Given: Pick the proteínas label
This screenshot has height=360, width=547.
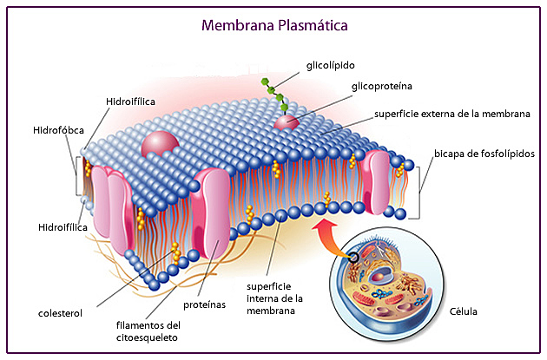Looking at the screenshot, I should (x=204, y=305).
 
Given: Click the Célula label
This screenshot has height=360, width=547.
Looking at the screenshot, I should (x=463, y=310).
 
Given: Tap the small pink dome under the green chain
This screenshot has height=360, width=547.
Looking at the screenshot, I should (x=287, y=122).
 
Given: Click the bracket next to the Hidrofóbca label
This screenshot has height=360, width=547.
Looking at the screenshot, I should (x=78, y=178).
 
